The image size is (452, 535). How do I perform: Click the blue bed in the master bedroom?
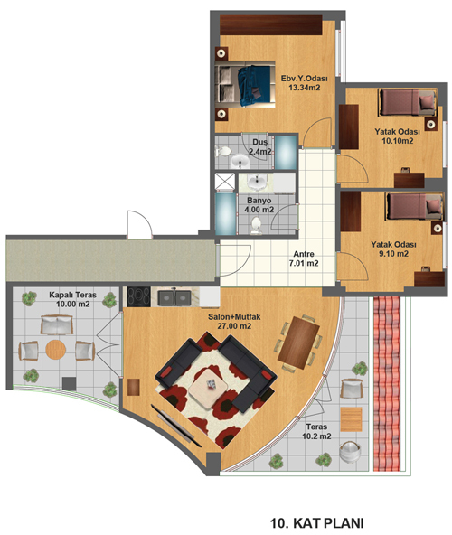245,84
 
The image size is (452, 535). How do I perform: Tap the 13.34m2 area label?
305,88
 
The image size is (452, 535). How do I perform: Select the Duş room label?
260,142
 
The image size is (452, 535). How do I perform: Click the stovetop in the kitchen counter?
138,296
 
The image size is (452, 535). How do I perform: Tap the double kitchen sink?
174,298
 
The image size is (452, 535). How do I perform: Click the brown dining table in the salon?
298,343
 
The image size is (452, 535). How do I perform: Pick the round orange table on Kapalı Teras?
56,350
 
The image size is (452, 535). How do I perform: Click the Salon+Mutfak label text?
234,317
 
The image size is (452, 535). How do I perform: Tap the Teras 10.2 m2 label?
316,431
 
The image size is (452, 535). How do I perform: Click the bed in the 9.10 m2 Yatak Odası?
415,206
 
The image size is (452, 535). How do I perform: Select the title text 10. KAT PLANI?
317,522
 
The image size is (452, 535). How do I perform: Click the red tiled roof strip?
387,384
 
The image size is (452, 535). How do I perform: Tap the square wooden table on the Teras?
352,419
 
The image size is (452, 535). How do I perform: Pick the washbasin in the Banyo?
257,183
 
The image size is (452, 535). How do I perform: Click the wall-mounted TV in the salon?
175,426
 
